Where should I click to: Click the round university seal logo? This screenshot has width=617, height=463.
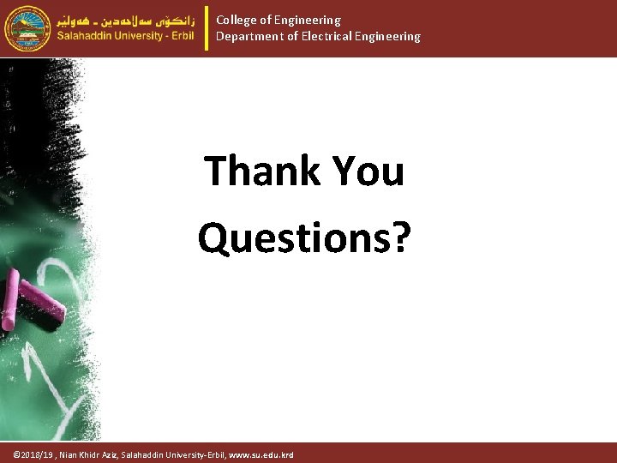tap(27, 28)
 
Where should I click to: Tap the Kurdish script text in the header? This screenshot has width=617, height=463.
tap(126, 18)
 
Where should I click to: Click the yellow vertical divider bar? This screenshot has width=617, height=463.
tap(207, 28)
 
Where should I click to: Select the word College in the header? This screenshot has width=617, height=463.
tap(237, 20)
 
